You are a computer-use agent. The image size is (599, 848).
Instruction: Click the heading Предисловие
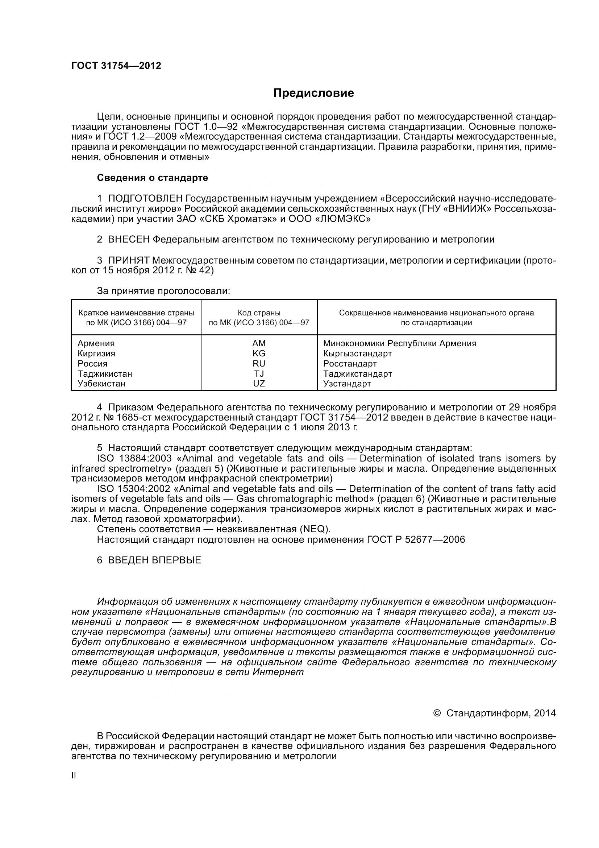click(x=313, y=93)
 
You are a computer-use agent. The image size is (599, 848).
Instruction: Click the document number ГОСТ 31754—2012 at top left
click(x=116, y=66)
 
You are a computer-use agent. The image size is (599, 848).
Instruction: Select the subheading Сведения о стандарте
click(x=153, y=178)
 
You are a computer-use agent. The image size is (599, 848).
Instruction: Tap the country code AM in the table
click(x=259, y=343)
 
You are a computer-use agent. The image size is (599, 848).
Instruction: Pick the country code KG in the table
click(x=259, y=353)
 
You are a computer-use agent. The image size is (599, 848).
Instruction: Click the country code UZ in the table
click(x=259, y=384)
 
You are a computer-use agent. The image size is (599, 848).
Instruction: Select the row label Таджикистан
click(x=105, y=374)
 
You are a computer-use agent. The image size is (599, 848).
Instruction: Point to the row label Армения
click(x=96, y=343)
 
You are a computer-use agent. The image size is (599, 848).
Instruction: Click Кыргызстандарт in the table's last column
click(x=357, y=353)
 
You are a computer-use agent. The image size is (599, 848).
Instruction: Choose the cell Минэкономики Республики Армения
click(x=400, y=343)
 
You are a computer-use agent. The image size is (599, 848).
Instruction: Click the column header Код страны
click(x=259, y=313)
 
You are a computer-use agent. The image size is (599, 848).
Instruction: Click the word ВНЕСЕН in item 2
click(x=129, y=239)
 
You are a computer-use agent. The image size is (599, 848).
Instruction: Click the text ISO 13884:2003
click(x=134, y=458)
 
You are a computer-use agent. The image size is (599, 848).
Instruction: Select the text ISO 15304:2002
click(x=134, y=489)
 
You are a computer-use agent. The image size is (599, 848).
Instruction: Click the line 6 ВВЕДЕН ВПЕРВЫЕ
click(x=149, y=560)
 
